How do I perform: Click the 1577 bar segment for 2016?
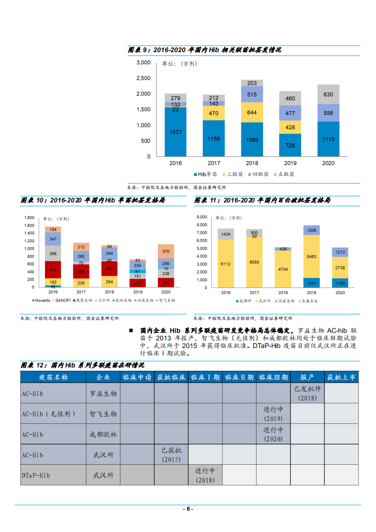coord(175,132)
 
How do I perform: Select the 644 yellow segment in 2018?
coord(252,112)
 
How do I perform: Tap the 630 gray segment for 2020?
coord(328,94)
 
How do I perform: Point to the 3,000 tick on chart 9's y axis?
coord(143,63)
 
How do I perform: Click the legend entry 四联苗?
coord(257,174)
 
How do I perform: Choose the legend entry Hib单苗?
coord(207,174)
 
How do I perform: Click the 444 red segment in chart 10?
coord(53,270)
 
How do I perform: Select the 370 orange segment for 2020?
coord(165,251)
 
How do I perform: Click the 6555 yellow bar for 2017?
coord(255,262)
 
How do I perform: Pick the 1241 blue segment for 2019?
coord(312,283)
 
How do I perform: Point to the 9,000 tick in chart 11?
coord(201,217)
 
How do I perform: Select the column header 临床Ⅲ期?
coord(273,377)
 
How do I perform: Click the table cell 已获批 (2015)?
coord(171,455)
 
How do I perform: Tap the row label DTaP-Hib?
coord(36,475)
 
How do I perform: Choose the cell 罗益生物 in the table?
coord(103,394)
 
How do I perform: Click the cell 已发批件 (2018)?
coord(307,393)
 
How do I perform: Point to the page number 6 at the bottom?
coord(188,509)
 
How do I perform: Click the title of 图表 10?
coord(93,201)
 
